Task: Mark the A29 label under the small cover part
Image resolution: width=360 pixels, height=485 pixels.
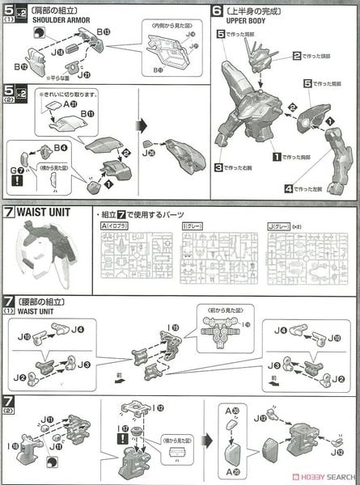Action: (235, 471)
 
